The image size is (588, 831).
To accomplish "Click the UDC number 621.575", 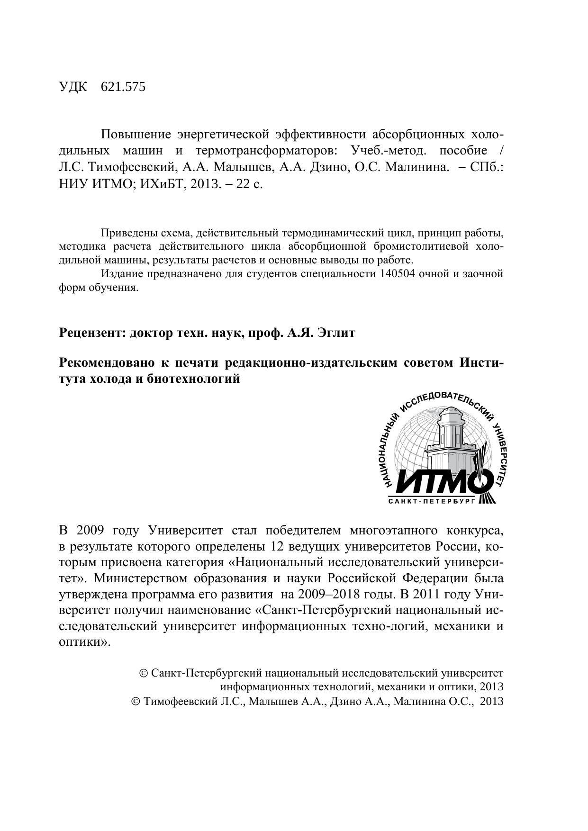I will click(123, 87).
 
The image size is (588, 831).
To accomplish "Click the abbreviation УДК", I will click(73, 87).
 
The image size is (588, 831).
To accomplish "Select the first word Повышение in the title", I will click(136, 135).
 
